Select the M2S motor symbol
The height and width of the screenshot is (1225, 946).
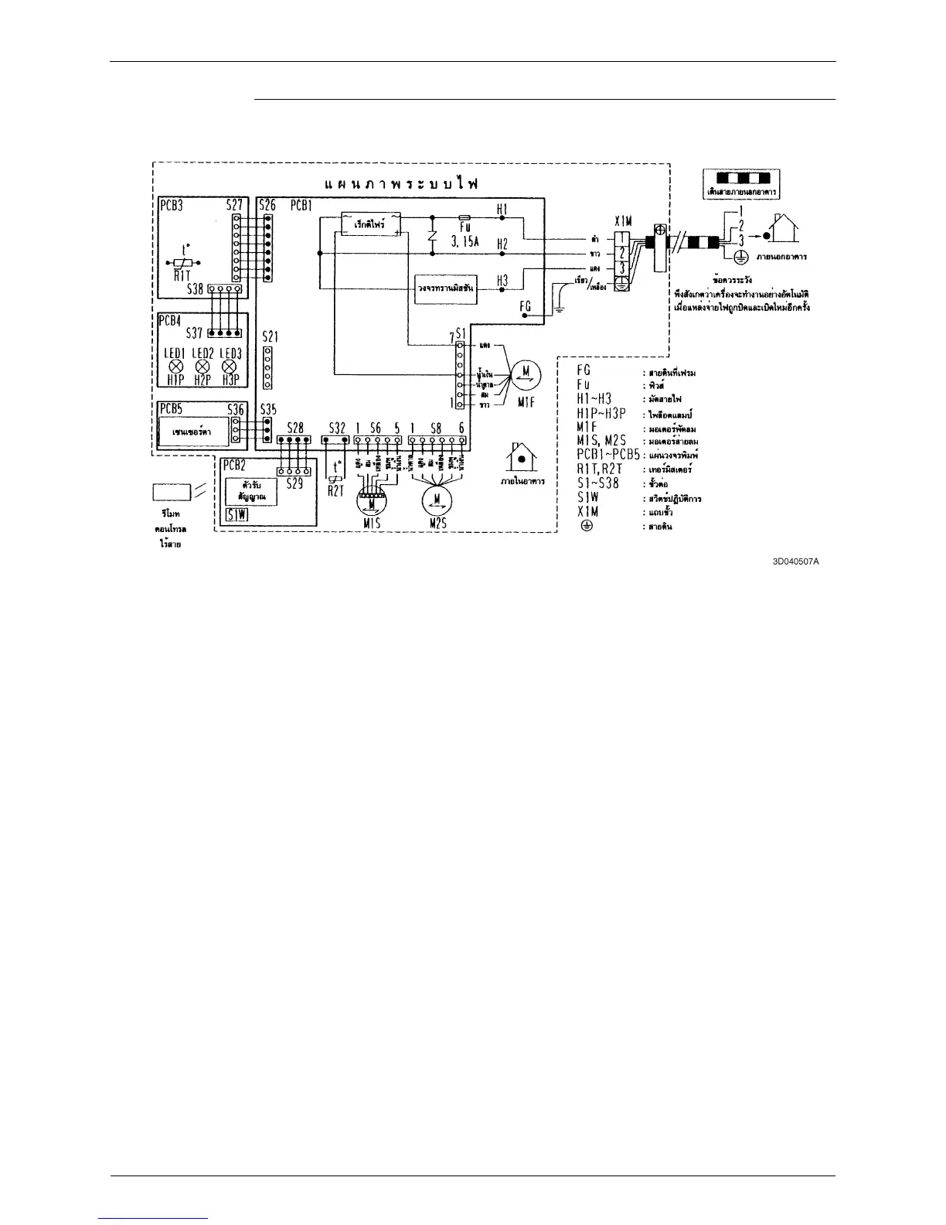tap(437, 502)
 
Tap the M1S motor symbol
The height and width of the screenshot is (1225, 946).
tap(373, 502)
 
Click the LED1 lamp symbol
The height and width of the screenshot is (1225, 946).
tap(175, 367)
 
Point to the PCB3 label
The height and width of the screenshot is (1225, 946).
tap(172, 206)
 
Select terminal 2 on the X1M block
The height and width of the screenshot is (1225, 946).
tap(623, 253)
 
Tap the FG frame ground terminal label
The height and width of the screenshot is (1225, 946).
tap(526, 306)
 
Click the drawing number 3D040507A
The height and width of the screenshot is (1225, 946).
tap(795, 561)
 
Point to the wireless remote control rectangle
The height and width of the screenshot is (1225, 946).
tap(172, 492)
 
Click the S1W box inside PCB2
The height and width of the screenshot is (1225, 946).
tap(236, 516)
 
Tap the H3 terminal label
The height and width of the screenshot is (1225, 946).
tap(502, 281)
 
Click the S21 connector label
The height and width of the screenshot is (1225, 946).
tap(270, 337)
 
